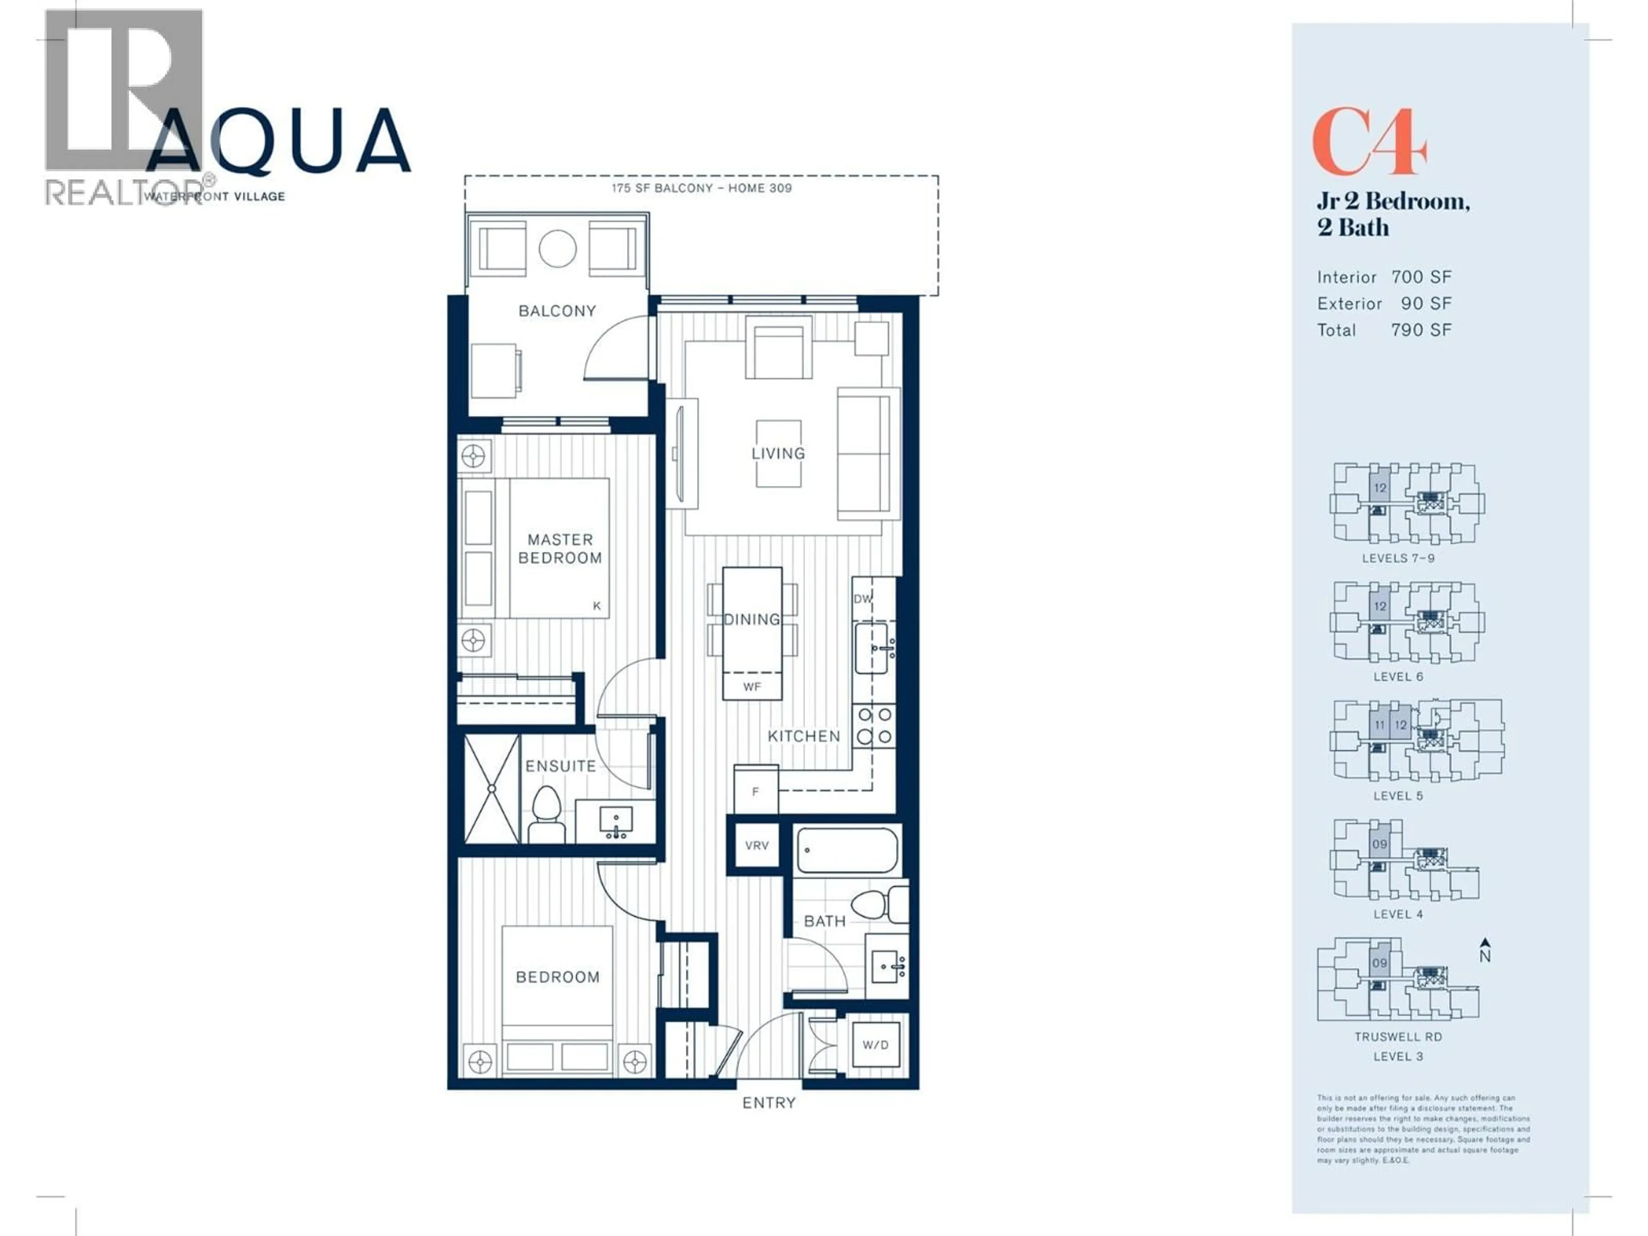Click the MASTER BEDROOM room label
coord(560,548)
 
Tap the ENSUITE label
coord(560,766)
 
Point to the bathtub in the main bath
coord(847,850)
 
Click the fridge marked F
coord(755,791)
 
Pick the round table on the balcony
coord(557,249)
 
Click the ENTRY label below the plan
coord(769,1103)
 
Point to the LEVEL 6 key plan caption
coord(1398,676)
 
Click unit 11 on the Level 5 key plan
coord(1379,725)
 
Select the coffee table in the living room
coord(779,453)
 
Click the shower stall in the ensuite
coord(491,788)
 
